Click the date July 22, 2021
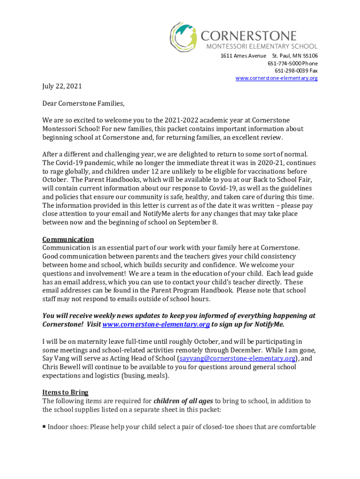62,87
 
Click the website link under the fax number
276,78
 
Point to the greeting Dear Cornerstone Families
84,103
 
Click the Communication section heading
68,239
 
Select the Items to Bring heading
65,392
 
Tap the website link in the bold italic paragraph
156,325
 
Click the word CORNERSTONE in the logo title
248,36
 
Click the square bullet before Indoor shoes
44,427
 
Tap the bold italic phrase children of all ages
183,401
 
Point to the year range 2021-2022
189,120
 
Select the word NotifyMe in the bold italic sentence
267,325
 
